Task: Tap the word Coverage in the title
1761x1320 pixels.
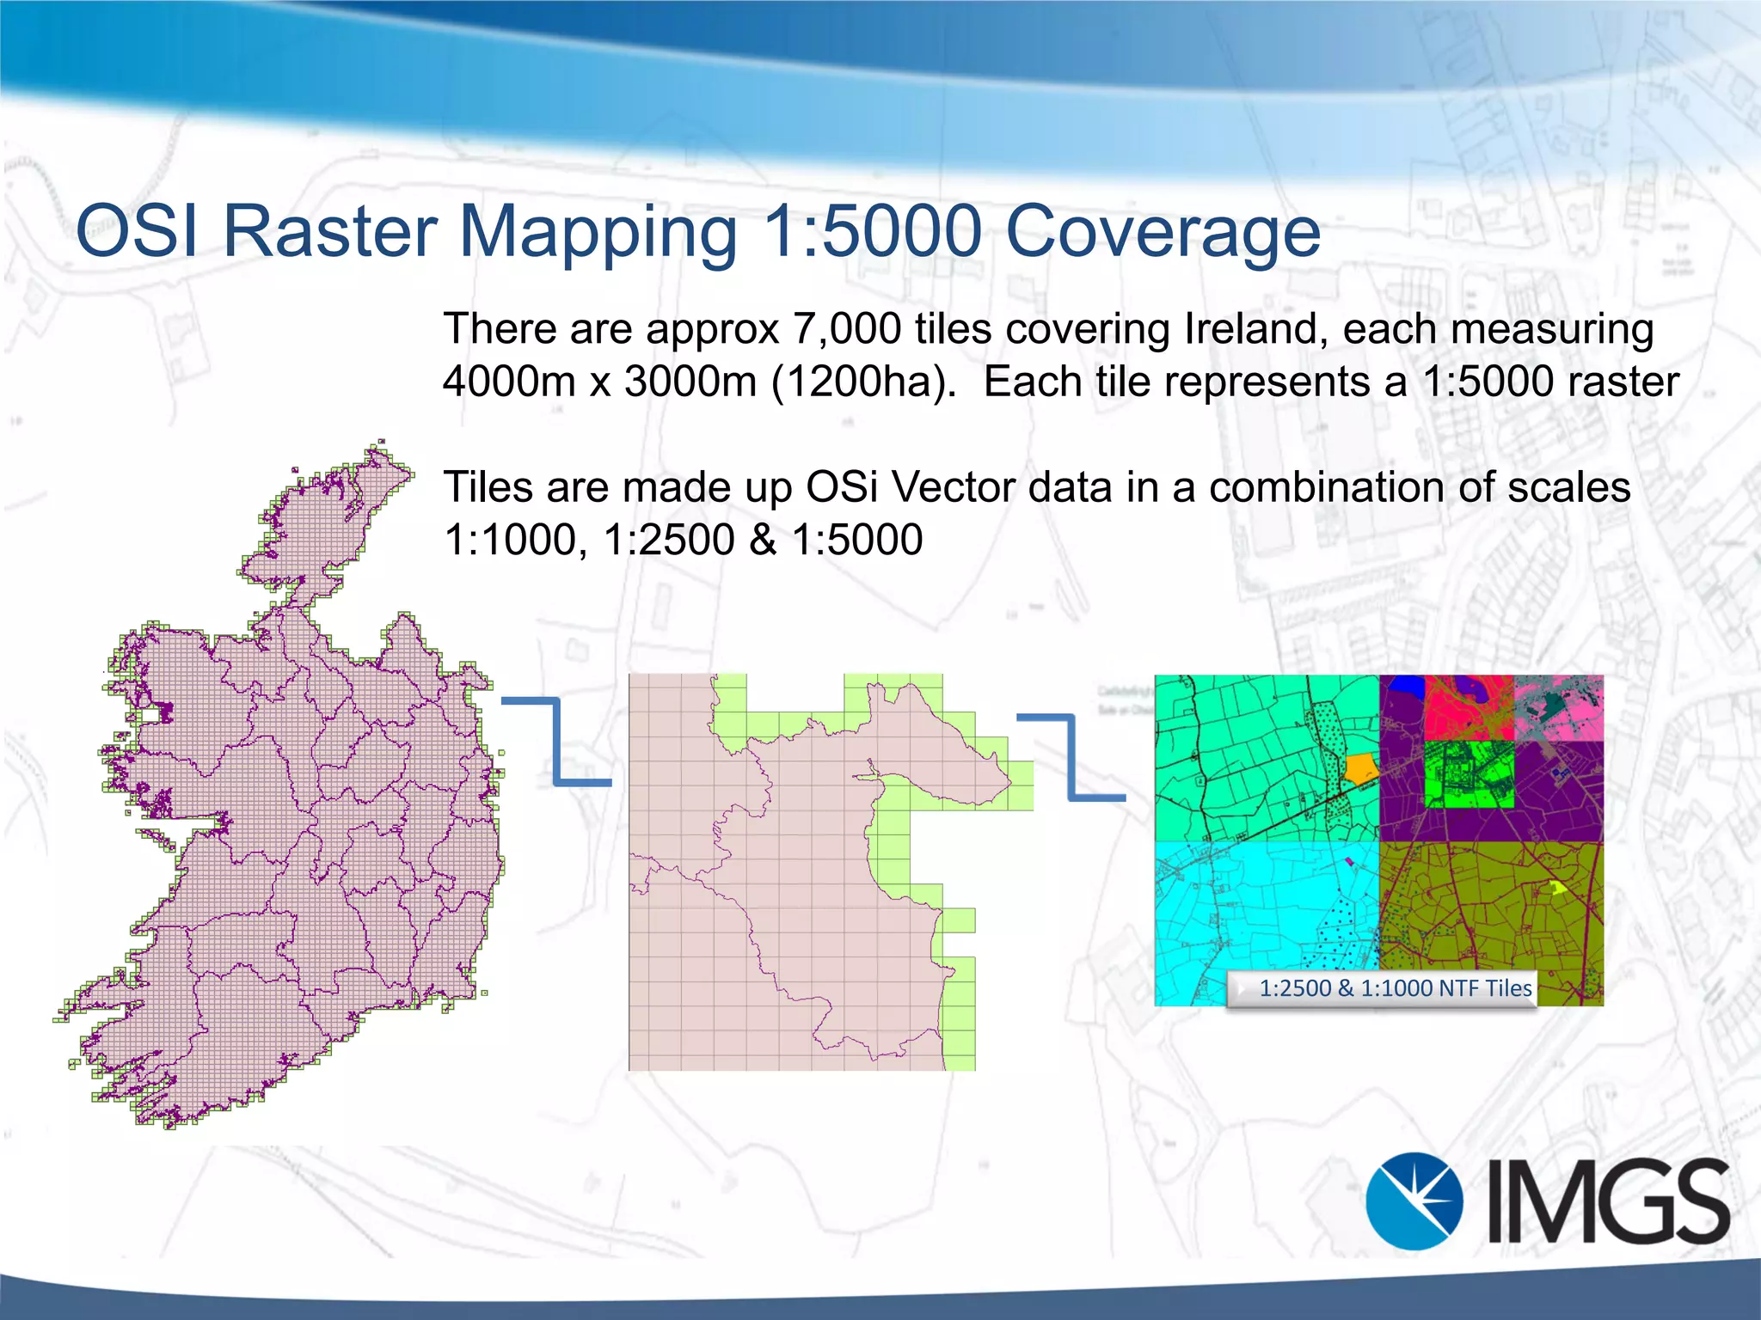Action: point(1162,233)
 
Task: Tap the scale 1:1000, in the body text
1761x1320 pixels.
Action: point(515,541)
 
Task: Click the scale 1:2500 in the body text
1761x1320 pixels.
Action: point(668,541)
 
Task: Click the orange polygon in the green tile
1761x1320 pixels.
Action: point(1360,767)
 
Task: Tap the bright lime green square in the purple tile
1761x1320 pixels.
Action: point(1469,774)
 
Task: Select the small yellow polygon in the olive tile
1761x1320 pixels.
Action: point(1559,887)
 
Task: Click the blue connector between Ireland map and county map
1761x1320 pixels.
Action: point(557,741)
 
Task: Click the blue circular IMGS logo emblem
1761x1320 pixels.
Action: point(1414,1201)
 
